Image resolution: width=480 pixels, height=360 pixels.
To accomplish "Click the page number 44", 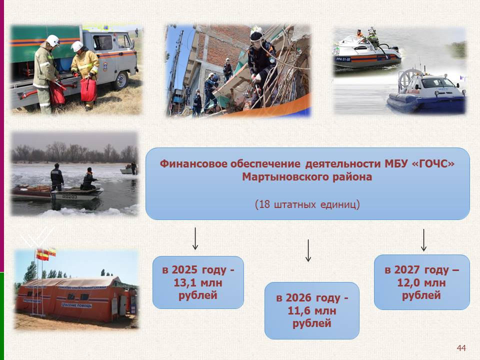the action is coord(461,348).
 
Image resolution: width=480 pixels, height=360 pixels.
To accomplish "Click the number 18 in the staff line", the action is coord(264,204).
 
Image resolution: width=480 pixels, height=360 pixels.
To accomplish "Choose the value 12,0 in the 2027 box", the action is coord(409,282).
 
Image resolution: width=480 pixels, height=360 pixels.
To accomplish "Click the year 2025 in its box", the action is coord(184,269).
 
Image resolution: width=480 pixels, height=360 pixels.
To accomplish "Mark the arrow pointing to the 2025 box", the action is coord(195,238).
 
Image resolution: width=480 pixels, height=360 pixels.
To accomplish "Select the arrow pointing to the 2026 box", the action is coord(308,250).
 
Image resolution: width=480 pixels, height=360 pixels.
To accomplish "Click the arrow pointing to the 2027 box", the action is coord(423,240).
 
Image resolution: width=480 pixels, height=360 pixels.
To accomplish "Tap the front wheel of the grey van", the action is coord(121,80).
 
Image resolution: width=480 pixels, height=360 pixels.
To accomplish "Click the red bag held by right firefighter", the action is coord(88,89).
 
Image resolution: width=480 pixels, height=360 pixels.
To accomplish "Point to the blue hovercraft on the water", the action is coord(427,92).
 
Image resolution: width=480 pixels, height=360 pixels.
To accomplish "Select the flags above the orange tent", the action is coord(46,254).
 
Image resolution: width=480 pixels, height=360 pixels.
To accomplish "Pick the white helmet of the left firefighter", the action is coord(53,40).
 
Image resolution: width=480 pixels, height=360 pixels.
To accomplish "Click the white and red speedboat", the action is coord(366,52).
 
